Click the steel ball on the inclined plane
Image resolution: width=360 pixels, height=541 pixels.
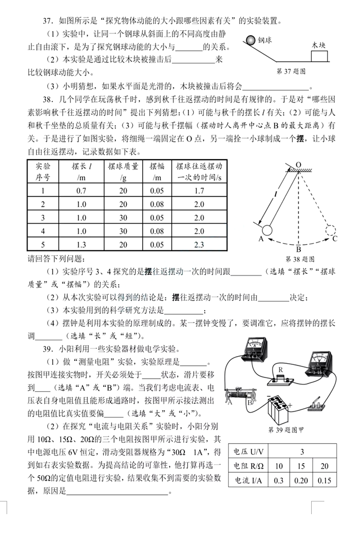(x=251, y=40)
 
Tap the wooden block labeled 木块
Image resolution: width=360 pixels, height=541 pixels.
(x=320, y=56)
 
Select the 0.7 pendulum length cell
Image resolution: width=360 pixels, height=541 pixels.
(x=82, y=191)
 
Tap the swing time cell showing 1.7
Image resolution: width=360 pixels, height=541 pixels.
(x=199, y=191)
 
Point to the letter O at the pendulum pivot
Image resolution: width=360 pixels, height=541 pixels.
(x=298, y=164)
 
